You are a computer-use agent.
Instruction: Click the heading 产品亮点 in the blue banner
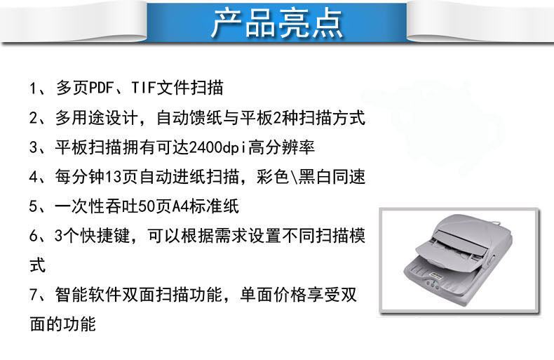(278, 23)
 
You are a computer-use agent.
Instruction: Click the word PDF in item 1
(102, 88)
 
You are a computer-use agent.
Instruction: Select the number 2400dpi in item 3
(217, 147)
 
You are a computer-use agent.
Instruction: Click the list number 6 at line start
(34, 236)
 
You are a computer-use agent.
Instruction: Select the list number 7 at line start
(34, 295)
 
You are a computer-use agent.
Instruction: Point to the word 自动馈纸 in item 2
(190, 118)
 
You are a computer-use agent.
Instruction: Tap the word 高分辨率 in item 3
(281, 147)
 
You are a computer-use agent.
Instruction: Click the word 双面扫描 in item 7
(156, 295)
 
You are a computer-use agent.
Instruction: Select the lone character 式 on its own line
(38, 265)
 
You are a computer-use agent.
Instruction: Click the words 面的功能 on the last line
(63, 324)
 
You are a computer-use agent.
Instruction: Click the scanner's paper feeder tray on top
(452, 249)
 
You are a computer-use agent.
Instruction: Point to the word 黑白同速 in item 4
(332, 177)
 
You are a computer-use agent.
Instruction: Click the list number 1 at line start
(33, 88)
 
